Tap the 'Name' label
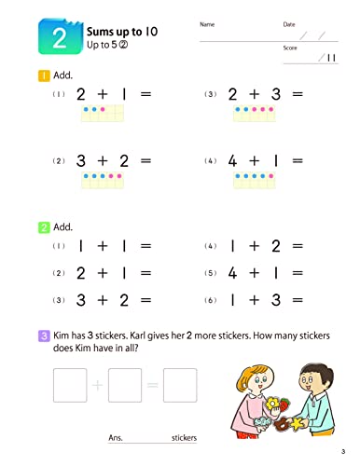[206, 23]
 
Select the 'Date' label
[288, 23]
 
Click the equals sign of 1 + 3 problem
[298, 299]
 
